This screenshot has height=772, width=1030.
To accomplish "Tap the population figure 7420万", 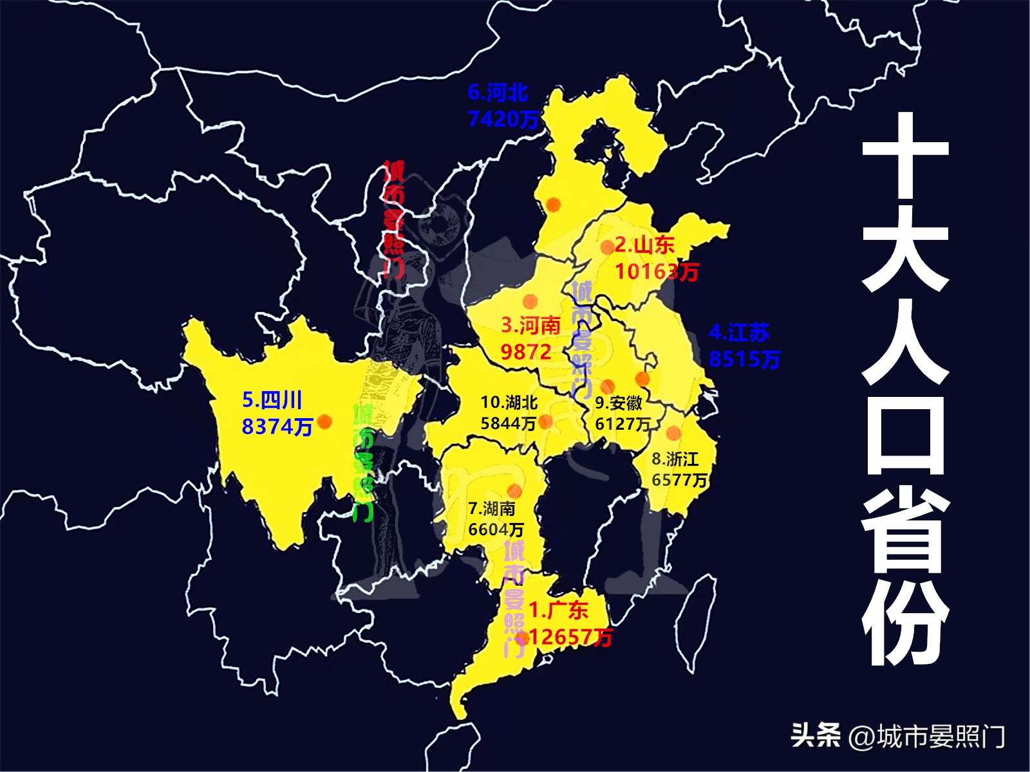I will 503,119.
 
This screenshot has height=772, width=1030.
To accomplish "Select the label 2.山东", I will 644,245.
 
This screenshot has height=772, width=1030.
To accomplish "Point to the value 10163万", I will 656,271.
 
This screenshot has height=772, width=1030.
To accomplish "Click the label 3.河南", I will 530,326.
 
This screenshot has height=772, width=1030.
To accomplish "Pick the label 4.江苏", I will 739,333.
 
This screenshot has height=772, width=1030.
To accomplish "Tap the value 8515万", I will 744,359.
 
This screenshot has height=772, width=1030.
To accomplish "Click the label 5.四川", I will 272,400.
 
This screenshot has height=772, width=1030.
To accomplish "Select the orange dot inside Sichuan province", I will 324,421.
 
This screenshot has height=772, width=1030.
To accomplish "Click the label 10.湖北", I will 509,403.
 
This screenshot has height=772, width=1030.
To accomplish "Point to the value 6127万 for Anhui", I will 623,424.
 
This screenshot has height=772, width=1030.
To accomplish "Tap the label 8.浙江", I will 675,459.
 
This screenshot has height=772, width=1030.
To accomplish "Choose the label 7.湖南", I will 492,509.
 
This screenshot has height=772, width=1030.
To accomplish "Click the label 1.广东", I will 558,610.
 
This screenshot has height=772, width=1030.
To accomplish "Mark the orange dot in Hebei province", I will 552,205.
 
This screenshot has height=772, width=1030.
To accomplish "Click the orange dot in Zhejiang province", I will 673,432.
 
